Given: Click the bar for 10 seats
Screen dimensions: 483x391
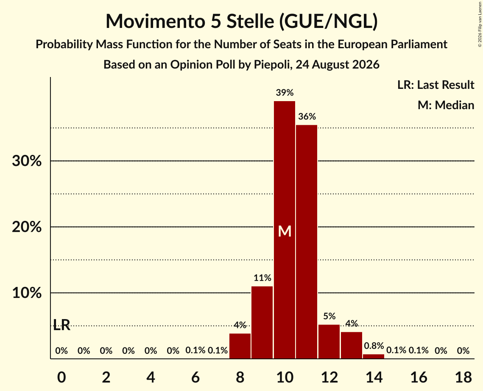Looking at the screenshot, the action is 285,230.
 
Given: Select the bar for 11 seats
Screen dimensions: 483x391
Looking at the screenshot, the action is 307,242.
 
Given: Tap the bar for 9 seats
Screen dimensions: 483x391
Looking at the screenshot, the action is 262,322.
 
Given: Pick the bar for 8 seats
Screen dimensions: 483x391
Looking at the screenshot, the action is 240,346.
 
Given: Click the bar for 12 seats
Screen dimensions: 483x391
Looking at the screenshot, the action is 329,341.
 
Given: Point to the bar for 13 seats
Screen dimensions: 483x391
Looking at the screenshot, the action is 352,345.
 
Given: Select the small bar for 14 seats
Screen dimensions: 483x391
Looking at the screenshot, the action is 374,357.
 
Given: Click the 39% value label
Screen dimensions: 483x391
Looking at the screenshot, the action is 285,93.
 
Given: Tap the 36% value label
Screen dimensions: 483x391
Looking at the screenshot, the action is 307,116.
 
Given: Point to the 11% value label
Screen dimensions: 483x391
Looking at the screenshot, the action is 262,278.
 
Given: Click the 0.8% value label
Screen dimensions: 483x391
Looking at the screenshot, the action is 374,346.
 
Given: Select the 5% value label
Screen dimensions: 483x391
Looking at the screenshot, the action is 329,316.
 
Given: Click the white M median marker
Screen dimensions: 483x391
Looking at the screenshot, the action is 285,231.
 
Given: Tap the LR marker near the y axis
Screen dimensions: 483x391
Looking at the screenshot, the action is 61,325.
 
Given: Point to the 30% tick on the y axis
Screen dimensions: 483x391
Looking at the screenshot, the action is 27,161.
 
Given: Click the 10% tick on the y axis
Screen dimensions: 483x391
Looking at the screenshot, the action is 27,293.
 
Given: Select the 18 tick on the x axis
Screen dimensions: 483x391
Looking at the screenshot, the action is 463,377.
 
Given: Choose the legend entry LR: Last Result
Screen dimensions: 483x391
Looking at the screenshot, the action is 436,85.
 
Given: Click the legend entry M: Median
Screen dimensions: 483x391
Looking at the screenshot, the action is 446,105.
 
